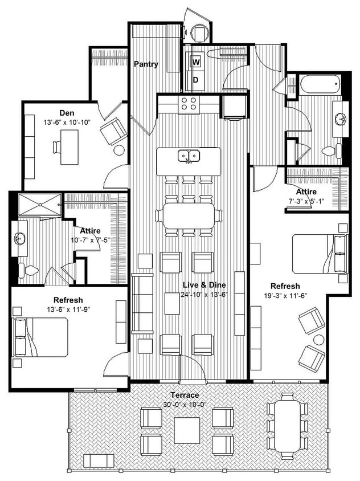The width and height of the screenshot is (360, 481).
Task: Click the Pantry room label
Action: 146,64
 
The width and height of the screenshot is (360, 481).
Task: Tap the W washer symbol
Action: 196,62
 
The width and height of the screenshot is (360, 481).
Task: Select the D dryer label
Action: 195,79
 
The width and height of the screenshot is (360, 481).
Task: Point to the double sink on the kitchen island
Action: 188,155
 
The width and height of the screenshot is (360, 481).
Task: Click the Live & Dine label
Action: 204,285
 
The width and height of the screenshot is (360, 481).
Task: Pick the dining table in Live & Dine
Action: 189,217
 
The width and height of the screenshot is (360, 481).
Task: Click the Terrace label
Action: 185,395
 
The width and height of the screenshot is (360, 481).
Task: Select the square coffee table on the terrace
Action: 187,430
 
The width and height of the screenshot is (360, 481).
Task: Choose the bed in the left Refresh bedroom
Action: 43,337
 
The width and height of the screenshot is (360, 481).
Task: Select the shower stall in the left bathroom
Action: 40,205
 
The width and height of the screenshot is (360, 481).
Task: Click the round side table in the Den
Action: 119,151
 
